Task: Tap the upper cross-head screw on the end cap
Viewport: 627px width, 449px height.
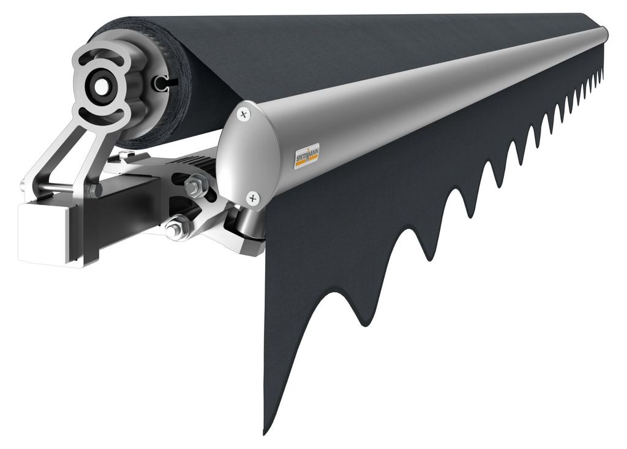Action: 243,115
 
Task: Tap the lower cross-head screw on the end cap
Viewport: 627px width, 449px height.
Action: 253,198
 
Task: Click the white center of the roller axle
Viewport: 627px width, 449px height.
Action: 102,85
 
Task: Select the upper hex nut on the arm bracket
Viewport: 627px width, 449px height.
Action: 196,186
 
